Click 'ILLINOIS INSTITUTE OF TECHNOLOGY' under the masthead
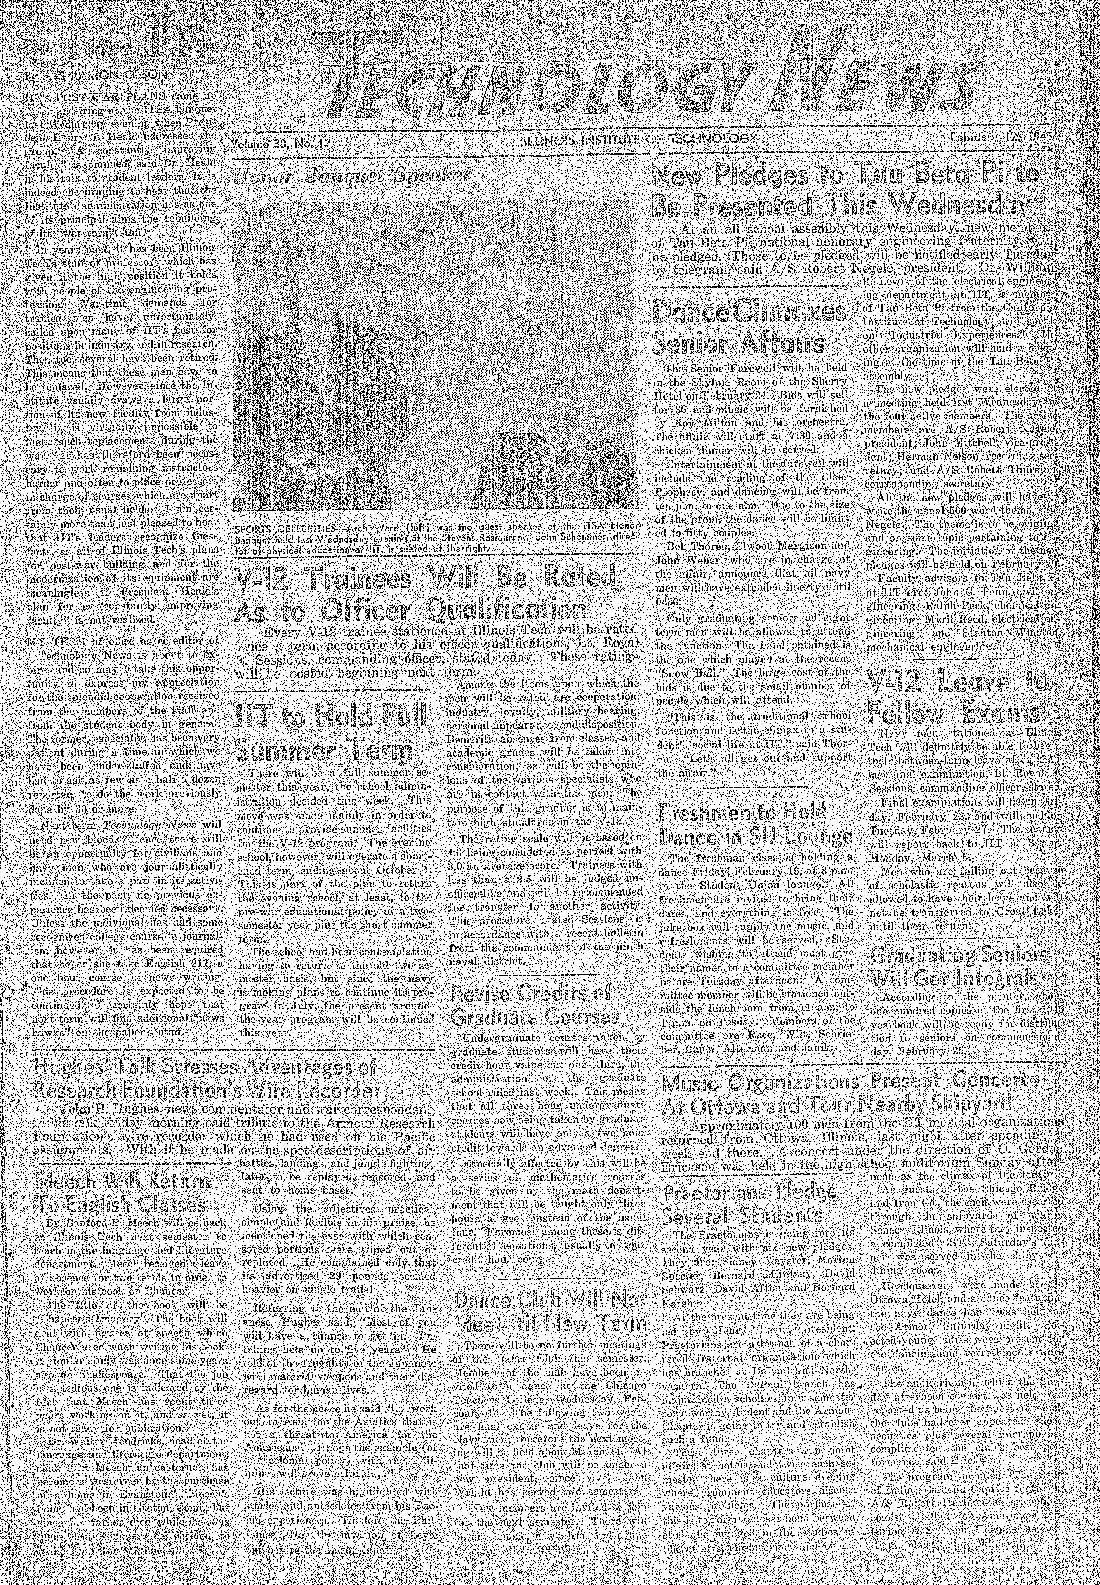pos(640,138)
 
